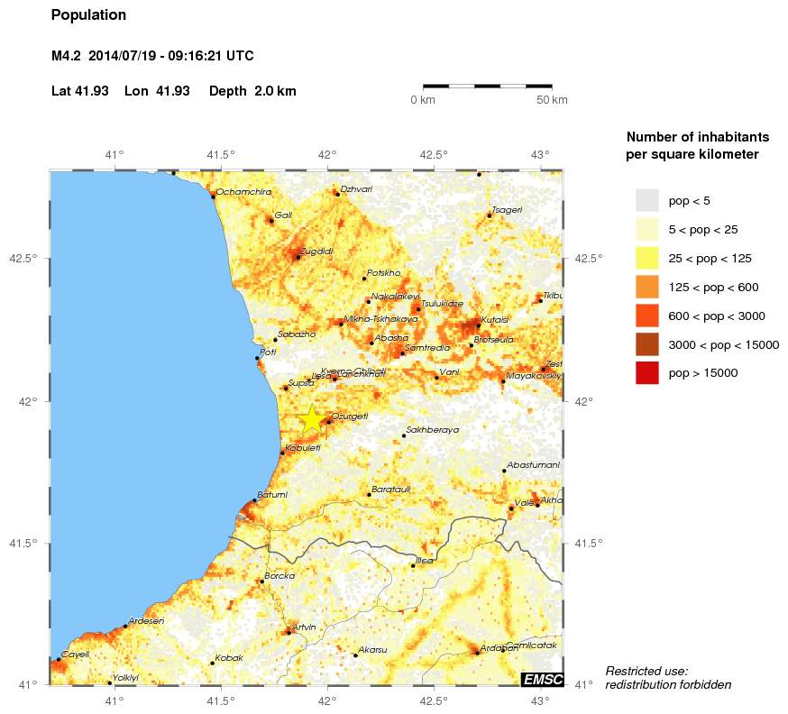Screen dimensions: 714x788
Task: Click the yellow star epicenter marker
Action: pyautogui.click(x=311, y=418)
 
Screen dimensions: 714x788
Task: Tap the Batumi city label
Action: pyautogui.click(x=272, y=494)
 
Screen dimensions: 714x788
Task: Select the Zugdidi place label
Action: pyautogui.click(x=316, y=251)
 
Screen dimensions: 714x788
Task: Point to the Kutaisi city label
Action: pyautogui.click(x=495, y=319)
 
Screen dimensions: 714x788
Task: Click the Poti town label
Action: pyautogui.click(x=268, y=352)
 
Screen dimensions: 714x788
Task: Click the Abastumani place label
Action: pyautogui.click(x=534, y=464)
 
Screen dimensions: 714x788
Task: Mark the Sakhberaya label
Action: pyautogui.click(x=432, y=430)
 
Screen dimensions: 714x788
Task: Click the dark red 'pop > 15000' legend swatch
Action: pyautogui.click(x=646, y=372)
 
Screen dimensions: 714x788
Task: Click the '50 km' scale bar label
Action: pyautogui.click(x=552, y=100)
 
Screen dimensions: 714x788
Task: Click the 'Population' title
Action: pyautogui.click(x=89, y=15)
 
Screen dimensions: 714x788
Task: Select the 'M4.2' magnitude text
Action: pyautogui.click(x=67, y=56)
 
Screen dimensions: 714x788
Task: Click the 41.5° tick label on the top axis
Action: pyautogui.click(x=221, y=154)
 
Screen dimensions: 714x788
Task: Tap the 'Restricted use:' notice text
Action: pyautogui.click(x=646, y=671)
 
